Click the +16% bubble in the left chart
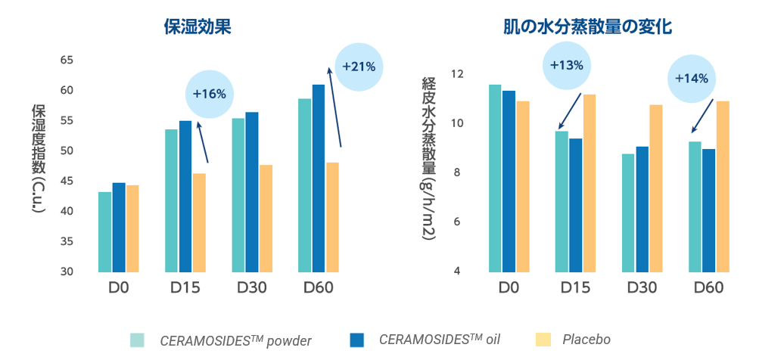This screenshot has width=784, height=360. (x=209, y=95)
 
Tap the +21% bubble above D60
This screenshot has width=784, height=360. (x=359, y=67)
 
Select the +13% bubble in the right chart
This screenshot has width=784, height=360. (x=567, y=65)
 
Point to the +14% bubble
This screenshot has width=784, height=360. (x=691, y=79)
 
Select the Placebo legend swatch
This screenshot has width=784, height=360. (x=543, y=340)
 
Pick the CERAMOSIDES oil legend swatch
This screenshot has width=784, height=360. (x=357, y=340)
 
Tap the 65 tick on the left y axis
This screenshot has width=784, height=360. (x=67, y=60)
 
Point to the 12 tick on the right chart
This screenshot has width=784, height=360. (x=456, y=74)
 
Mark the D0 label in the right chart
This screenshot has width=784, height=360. (x=509, y=288)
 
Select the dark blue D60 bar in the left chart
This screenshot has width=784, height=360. (x=318, y=178)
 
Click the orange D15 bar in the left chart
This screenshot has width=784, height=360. (x=199, y=222)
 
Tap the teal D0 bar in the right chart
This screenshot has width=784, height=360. (x=495, y=178)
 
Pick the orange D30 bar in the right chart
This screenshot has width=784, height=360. (x=655, y=188)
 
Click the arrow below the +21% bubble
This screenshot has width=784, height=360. (x=334, y=106)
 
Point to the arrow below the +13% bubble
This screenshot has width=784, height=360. (x=569, y=110)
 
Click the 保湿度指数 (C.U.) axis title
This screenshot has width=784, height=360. (x=39, y=158)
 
